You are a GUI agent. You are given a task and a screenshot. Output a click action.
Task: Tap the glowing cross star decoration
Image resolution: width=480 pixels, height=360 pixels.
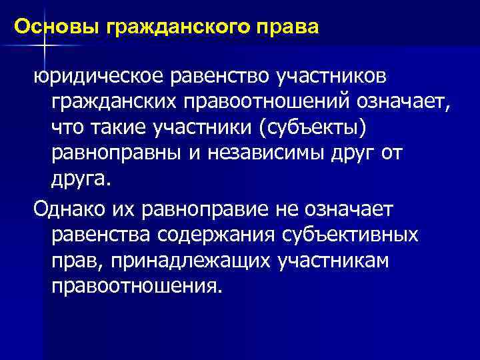click(43, 44)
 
